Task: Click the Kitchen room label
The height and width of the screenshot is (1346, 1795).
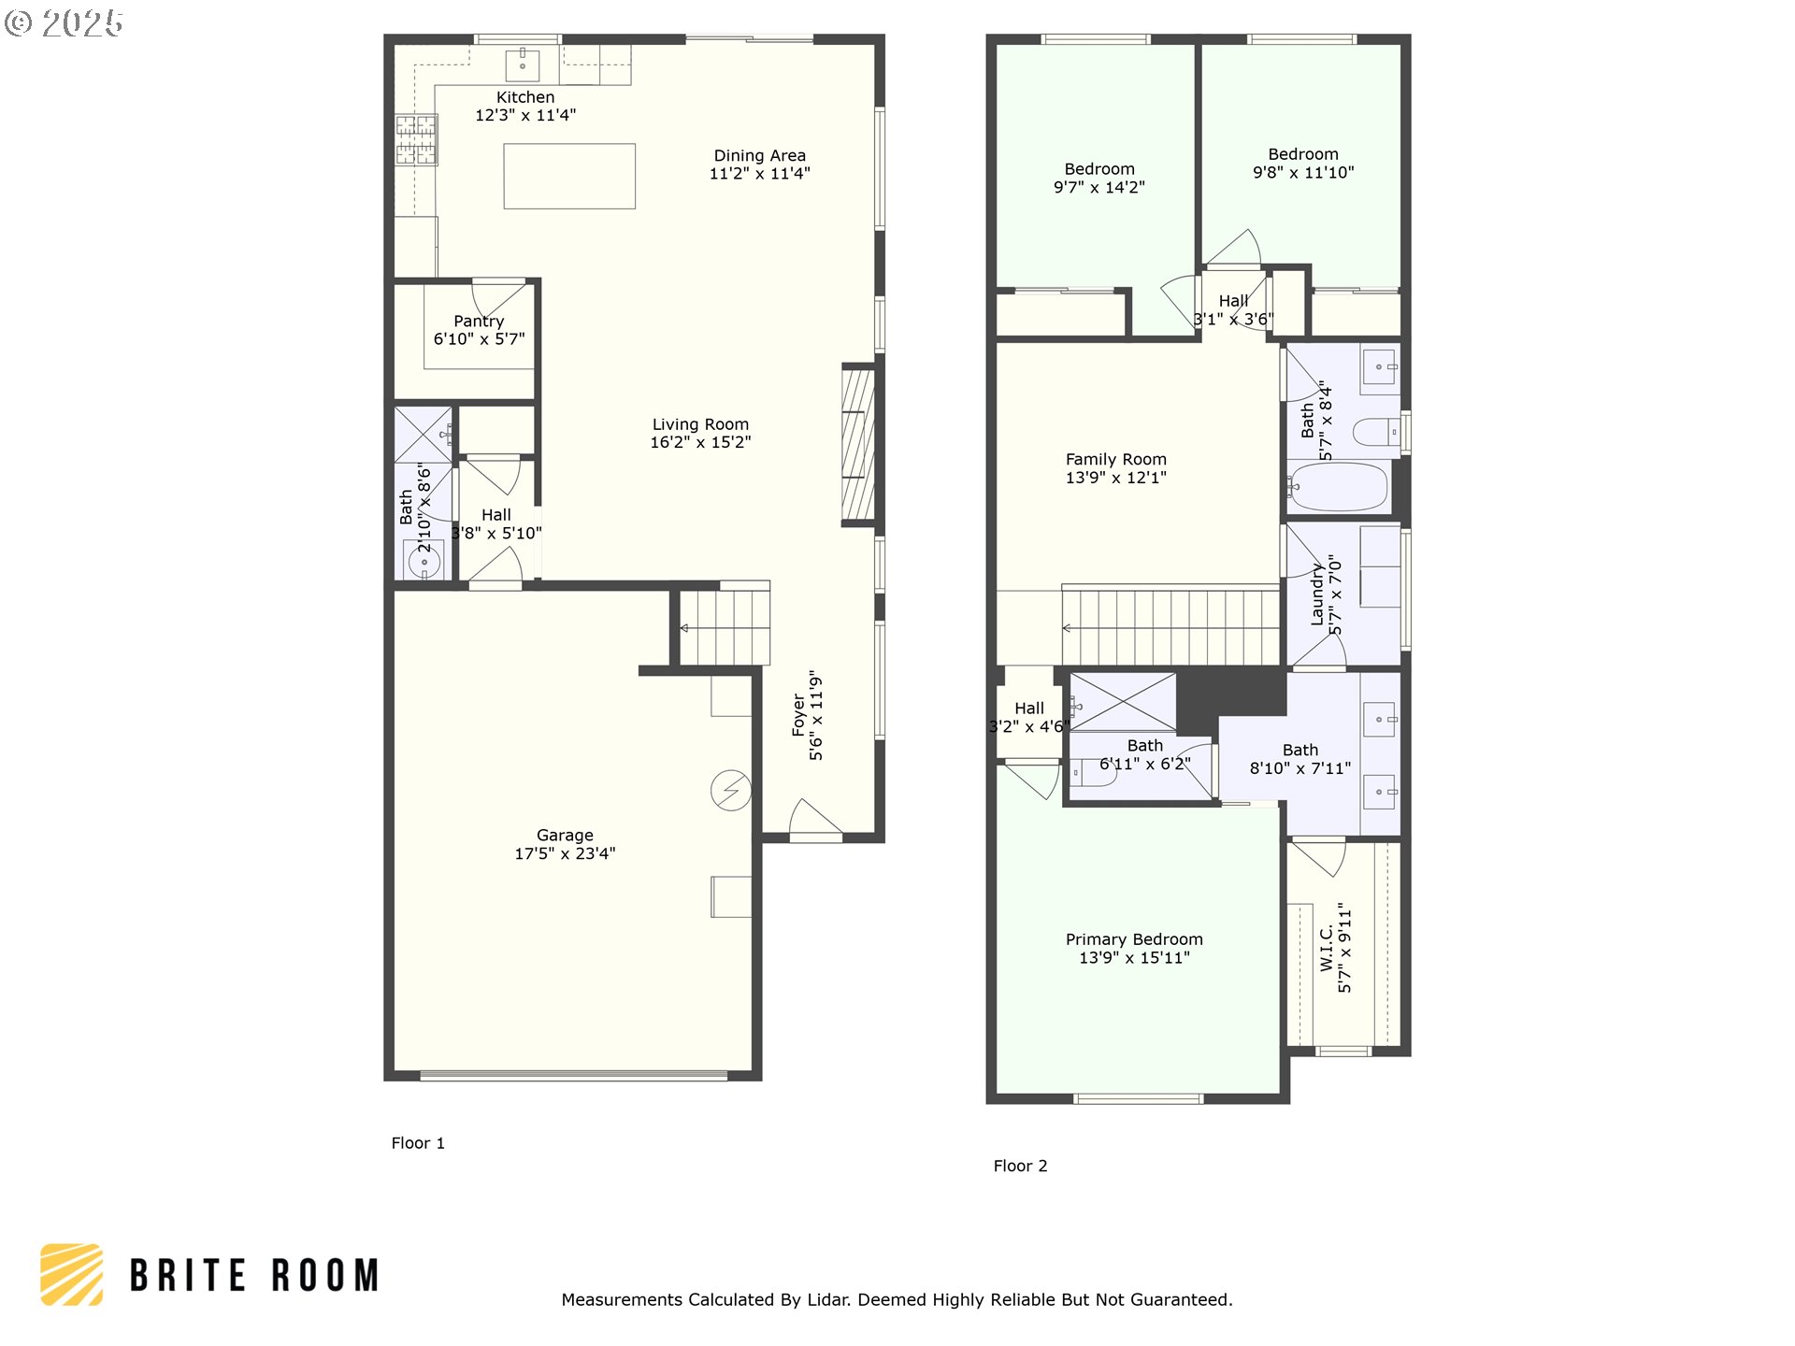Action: pos(525,97)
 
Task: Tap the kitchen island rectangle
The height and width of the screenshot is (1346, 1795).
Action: pos(569,176)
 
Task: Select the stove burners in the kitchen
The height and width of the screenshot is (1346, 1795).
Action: pos(416,139)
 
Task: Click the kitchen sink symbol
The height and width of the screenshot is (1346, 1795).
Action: pos(523,65)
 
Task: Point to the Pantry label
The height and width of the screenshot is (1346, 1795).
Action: pos(479,322)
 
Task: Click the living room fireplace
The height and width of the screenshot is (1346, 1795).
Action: pos(858,445)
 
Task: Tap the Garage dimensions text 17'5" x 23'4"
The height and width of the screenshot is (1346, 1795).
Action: pos(565,853)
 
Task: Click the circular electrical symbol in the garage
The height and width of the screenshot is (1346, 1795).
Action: pos(731,791)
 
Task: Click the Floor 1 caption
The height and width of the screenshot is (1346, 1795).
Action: pos(418,1143)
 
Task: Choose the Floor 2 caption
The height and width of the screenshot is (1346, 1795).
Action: pos(1020,1166)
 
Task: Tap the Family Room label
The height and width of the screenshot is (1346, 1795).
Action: pos(1116,460)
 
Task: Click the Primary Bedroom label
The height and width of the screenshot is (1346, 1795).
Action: pos(1134,939)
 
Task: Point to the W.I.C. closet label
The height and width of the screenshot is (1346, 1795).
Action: pos(1327,948)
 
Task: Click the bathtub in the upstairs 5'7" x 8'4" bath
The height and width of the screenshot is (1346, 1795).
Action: pos(1338,487)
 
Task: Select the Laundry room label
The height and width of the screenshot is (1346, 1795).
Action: pos(1317,594)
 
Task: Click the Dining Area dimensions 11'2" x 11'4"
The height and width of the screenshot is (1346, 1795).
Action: pos(760,173)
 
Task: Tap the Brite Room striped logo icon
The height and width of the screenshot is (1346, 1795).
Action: pos(71,1274)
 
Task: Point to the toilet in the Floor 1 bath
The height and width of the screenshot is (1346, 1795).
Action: pos(424,561)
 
